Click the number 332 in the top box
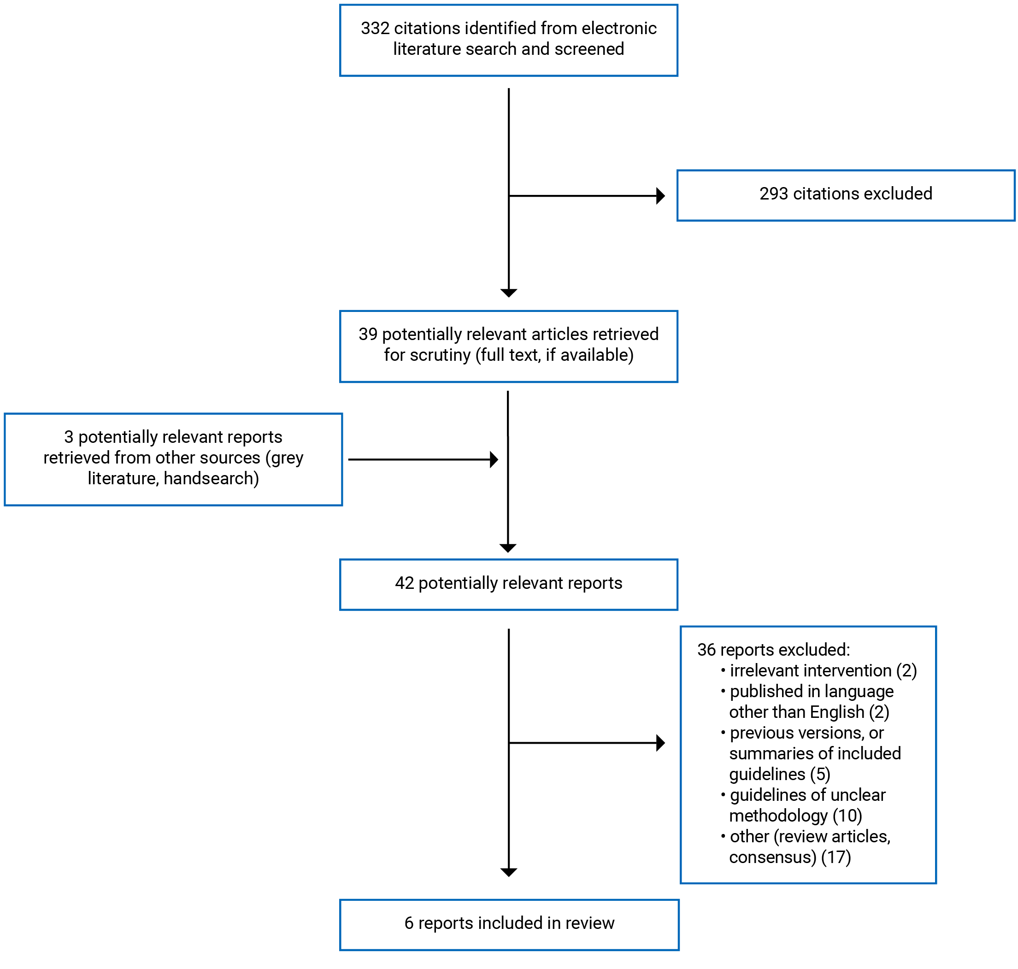(375, 29)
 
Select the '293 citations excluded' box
(845, 195)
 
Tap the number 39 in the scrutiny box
(368, 334)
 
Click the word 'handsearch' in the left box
(211, 478)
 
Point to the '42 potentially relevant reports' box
(508, 584)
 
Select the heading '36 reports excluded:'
(773, 650)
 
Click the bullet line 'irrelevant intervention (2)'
(823, 670)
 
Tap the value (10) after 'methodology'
(847, 816)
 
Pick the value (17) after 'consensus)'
(836, 857)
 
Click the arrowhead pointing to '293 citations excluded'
(660, 196)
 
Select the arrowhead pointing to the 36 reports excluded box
(660, 743)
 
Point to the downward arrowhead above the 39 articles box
(509, 293)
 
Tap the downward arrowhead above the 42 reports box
(508, 548)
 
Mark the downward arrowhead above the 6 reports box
(509, 872)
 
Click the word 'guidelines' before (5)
(767, 774)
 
